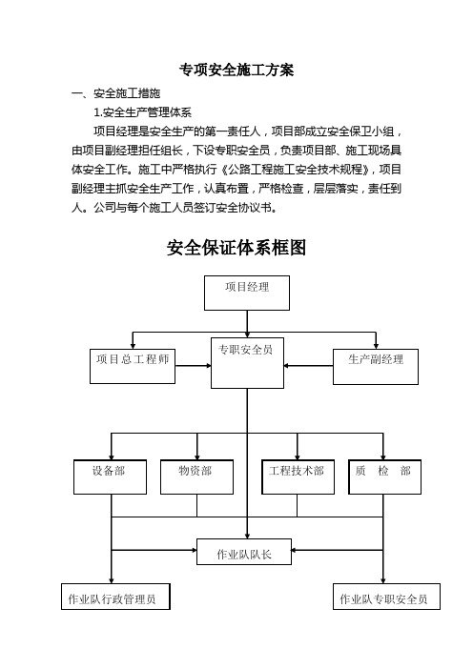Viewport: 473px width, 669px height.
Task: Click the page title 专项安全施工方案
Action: point(236,70)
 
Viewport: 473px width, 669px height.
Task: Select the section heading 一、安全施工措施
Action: point(116,93)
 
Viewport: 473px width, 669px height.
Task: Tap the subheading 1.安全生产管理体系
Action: point(143,112)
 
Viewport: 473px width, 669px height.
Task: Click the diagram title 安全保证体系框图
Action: point(236,248)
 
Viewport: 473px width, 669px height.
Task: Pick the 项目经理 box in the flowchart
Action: point(247,293)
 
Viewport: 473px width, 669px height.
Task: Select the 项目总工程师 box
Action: point(133,366)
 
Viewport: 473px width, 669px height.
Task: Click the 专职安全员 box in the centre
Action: point(247,363)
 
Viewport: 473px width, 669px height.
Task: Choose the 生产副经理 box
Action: point(376,367)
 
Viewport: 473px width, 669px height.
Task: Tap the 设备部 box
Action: point(110,477)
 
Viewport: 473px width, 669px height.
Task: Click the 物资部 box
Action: point(196,477)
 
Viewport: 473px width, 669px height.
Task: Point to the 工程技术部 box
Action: point(298,477)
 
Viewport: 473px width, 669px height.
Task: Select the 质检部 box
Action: point(385,477)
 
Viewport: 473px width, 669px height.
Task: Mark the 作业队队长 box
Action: point(244,552)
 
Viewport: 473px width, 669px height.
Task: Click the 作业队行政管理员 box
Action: point(115,597)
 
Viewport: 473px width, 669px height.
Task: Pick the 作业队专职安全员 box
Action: point(387,597)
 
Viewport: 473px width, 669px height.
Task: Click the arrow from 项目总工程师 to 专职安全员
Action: point(194,366)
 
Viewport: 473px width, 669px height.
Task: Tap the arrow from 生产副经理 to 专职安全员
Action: point(308,366)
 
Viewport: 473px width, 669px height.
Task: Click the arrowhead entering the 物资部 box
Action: point(197,456)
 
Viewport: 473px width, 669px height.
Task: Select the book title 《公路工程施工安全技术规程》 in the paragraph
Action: point(297,170)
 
